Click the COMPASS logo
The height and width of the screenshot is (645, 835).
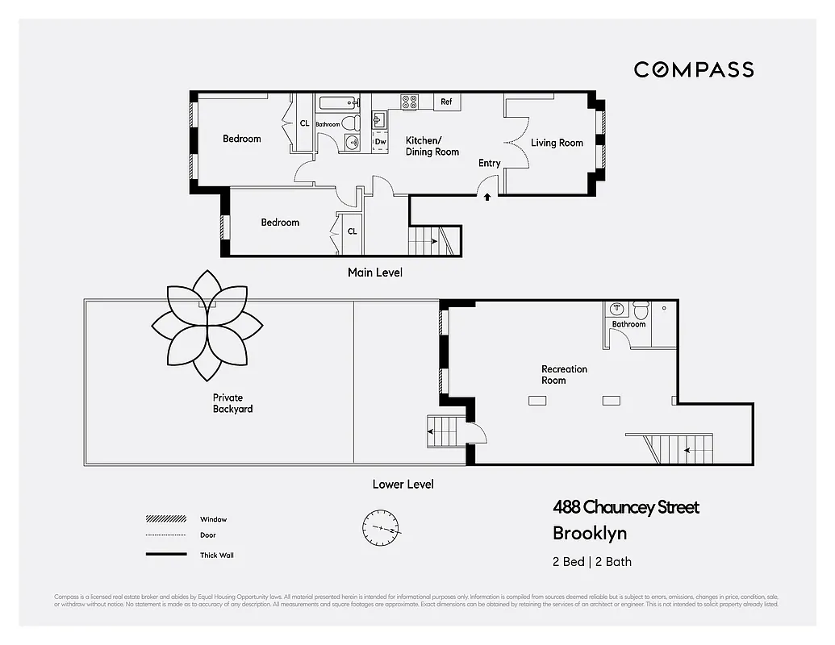click(693, 69)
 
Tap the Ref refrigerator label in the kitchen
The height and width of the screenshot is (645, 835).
click(446, 102)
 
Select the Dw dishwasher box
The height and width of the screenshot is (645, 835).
click(380, 142)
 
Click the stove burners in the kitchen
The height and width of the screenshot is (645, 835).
click(410, 102)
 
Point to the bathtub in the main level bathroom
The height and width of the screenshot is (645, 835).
click(338, 103)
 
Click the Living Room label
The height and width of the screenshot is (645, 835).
click(557, 143)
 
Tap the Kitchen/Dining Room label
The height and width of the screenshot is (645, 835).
click(432, 146)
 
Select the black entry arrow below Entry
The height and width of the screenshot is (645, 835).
click(486, 196)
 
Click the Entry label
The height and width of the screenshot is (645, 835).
click(489, 163)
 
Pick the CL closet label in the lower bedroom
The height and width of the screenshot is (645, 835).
click(352, 231)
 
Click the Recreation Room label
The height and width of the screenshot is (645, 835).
click(564, 375)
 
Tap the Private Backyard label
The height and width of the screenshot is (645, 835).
click(232, 403)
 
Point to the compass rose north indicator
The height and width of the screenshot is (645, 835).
click(381, 529)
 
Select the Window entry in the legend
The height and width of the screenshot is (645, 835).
click(213, 519)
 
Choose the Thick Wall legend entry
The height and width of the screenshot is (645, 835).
click(216, 555)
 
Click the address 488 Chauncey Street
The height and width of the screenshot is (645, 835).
click(625, 507)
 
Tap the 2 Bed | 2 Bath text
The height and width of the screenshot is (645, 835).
click(592, 562)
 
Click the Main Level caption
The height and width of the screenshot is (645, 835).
click(374, 273)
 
